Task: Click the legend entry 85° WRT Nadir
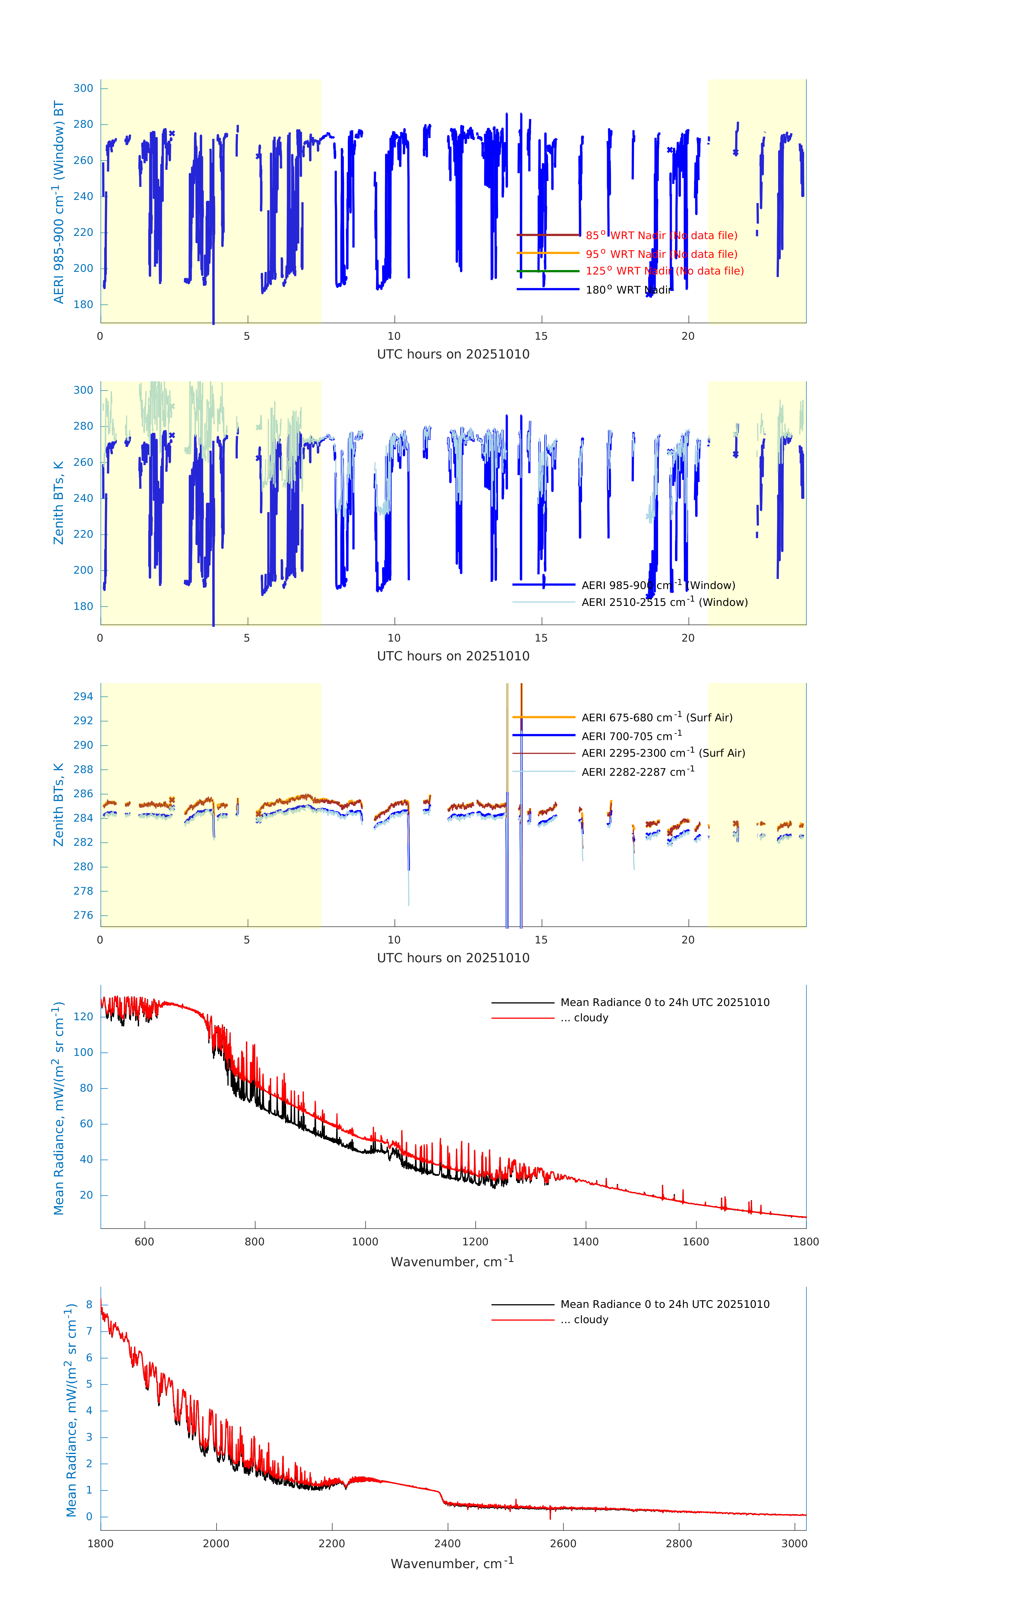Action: coord(661,235)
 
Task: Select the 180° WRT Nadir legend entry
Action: coord(627,290)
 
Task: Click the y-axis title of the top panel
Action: coord(59,202)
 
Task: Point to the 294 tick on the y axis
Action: coord(84,697)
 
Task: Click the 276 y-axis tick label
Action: coord(84,915)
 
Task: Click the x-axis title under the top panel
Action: coord(453,354)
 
